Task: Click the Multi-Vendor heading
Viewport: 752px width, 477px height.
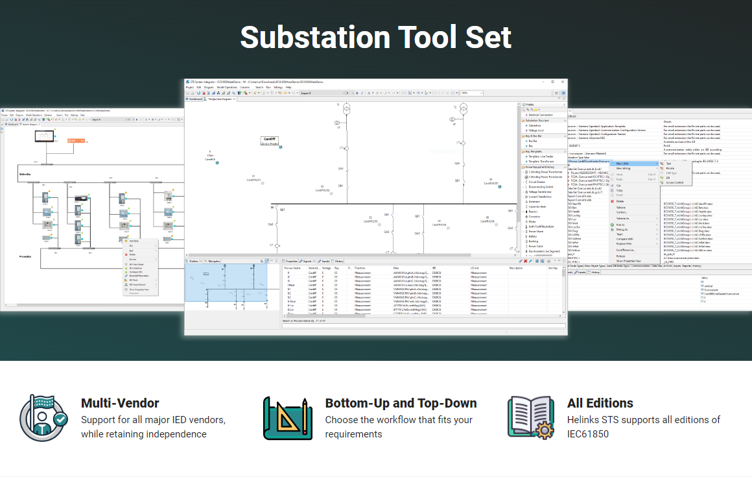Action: click(x=120, y=403)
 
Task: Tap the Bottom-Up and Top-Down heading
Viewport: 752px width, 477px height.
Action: click(x=401, y=403)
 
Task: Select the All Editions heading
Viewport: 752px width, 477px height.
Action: click(x=600, y=403)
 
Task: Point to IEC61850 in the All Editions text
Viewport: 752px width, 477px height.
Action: click(x=588, y=434)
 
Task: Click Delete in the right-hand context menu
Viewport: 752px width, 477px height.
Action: click(x=620, y=201)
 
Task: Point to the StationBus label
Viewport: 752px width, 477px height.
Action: click(x=25, y=174)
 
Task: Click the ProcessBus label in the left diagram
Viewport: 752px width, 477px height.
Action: click(x=26, y=256)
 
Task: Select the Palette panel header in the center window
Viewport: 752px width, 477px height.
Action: click(x=530, y=104)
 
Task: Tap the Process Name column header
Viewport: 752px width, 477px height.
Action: click(x=293, y=267)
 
